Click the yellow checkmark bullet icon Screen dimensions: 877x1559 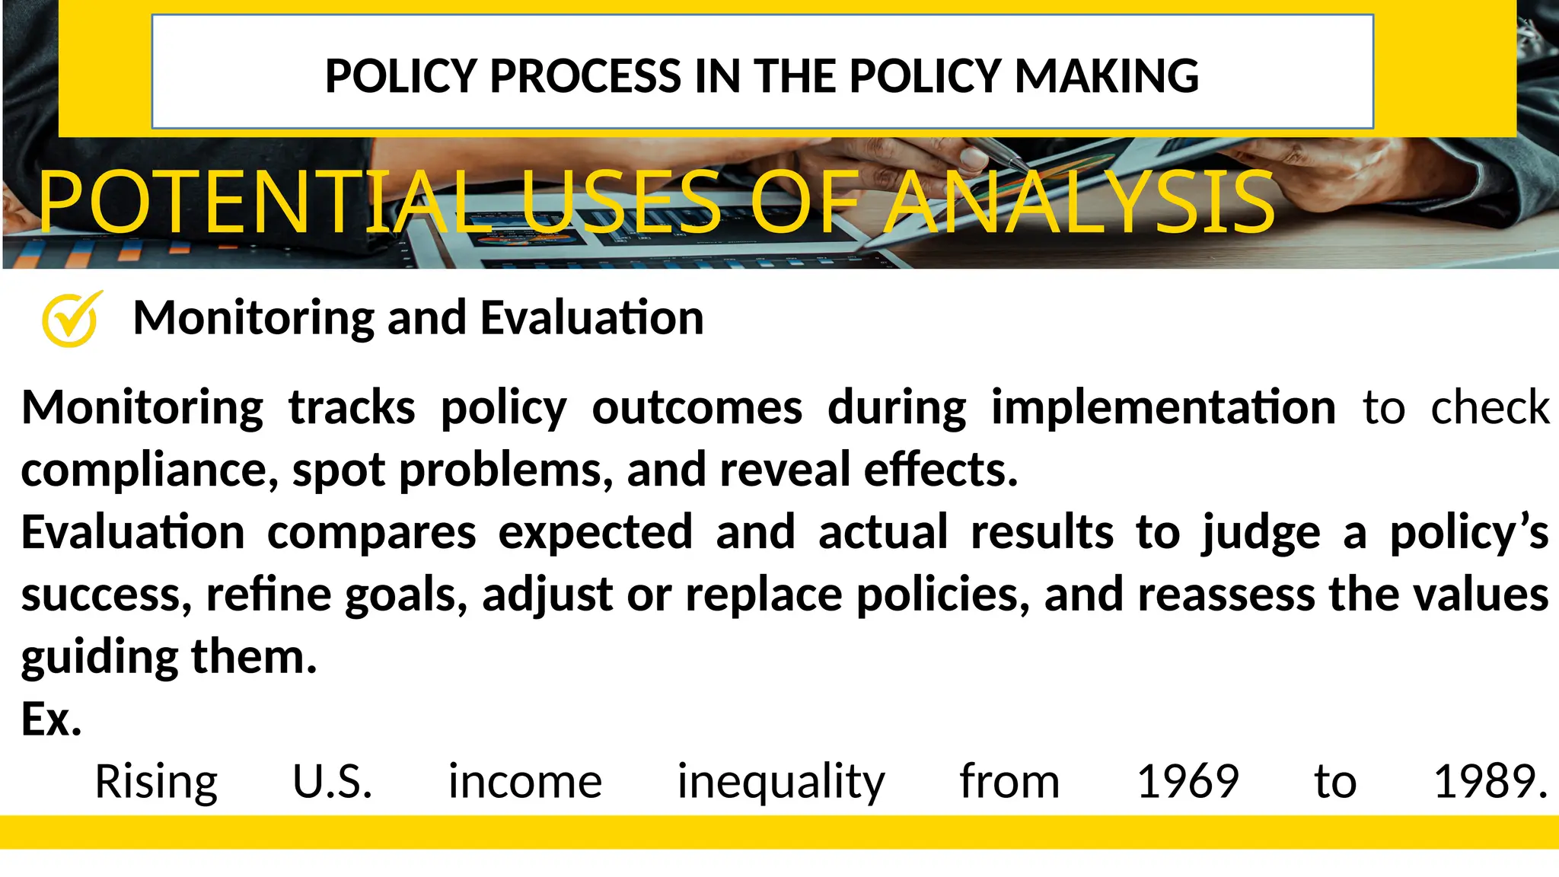[70, 319]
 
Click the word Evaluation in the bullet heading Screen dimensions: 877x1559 [591, 317]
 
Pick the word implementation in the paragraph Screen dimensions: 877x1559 [1162, 407]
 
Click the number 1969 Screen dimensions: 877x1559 [1188, 781]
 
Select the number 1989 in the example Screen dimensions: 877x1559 [1489, 781]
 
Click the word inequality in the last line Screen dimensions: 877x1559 [781, 783]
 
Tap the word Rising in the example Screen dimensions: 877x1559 [156, 783]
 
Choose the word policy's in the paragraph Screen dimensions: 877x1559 [1468, 532]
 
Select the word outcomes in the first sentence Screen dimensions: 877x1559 [697, 407]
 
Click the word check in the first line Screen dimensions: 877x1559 [1489, 407]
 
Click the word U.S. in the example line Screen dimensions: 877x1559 [333, 781]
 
